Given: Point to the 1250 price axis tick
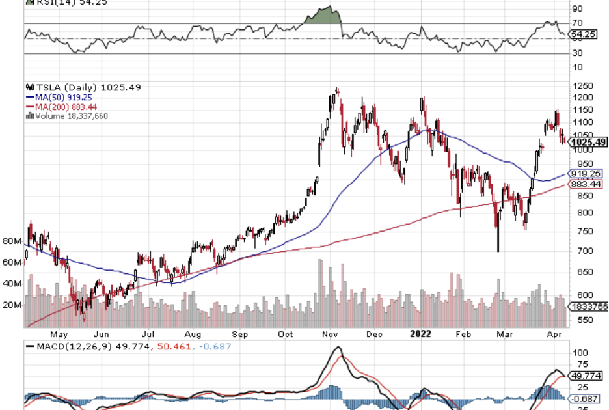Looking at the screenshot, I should [582, 85].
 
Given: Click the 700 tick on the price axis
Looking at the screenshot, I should [579, 251].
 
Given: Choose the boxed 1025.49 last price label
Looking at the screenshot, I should [588, 142].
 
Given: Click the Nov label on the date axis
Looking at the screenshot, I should [331, 334].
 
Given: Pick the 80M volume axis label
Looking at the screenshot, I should [12, 241].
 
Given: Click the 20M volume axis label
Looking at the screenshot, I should [12, 305].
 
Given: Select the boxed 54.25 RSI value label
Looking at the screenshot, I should [581, 34].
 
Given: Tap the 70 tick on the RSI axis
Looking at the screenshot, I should [576, 23].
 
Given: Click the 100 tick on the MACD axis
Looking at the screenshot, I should [578, 352].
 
